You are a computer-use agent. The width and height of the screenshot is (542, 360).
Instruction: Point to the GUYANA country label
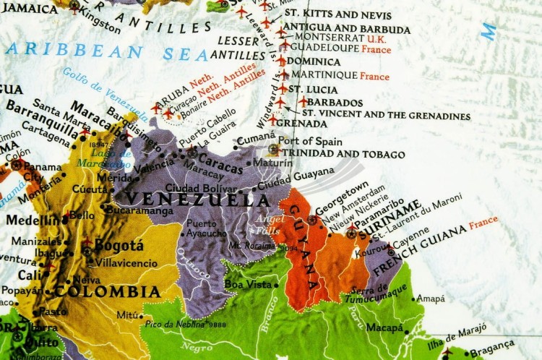[x=304, y=247]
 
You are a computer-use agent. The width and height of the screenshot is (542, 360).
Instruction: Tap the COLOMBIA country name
[x=108, y=291]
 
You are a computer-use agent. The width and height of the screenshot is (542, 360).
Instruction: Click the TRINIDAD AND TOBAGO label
[x=343, y=154]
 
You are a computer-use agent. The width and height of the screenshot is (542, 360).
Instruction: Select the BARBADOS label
[x=335, y=103]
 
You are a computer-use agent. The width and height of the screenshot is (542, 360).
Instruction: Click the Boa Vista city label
[x=247, y=284]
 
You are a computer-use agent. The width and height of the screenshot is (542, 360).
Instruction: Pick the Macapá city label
[x=384, y=327]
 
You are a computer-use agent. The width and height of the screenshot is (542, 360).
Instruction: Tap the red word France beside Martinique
[x=374, y=76]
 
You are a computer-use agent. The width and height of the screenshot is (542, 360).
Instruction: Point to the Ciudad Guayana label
[x=306, y=176]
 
